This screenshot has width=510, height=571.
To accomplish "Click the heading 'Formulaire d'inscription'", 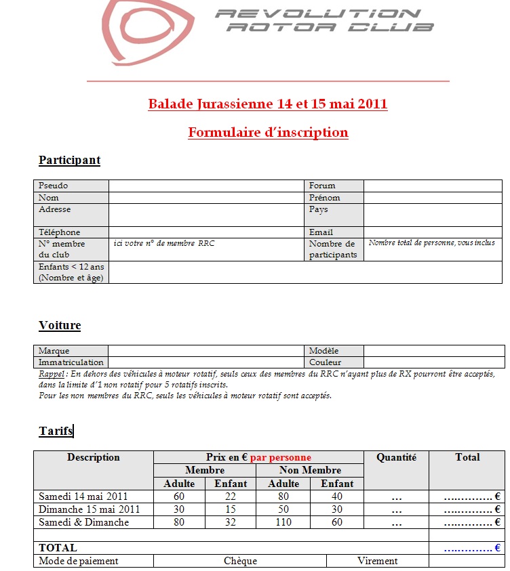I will (x=268, y=132).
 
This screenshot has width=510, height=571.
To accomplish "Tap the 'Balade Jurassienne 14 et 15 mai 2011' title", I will (x=268, y=104).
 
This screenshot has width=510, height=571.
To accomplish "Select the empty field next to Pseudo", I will (x=206, y=186).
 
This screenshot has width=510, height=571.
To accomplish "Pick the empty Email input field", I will (x=434, y=232).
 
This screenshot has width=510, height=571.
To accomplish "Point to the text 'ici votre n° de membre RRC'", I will (x=164, y=243).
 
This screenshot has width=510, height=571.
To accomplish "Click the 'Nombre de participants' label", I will (x=332, y=249).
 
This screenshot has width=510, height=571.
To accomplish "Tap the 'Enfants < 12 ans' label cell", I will (x=71, y=272).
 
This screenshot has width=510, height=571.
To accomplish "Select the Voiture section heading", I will (x=60, y=325).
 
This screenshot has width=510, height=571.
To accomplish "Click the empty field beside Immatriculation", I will (x=206, y=362).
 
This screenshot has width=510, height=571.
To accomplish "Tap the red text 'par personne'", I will (x=281, y=457).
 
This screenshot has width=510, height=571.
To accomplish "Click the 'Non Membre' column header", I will (x=311, y=470).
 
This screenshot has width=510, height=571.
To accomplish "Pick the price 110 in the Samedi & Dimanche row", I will (x=283, y=522).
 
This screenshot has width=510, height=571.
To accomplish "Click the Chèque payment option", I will (x=240, y=561).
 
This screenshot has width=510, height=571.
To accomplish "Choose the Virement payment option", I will (x=378, y=561).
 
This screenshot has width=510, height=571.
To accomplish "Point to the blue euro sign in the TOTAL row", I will (x=497, y=548).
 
